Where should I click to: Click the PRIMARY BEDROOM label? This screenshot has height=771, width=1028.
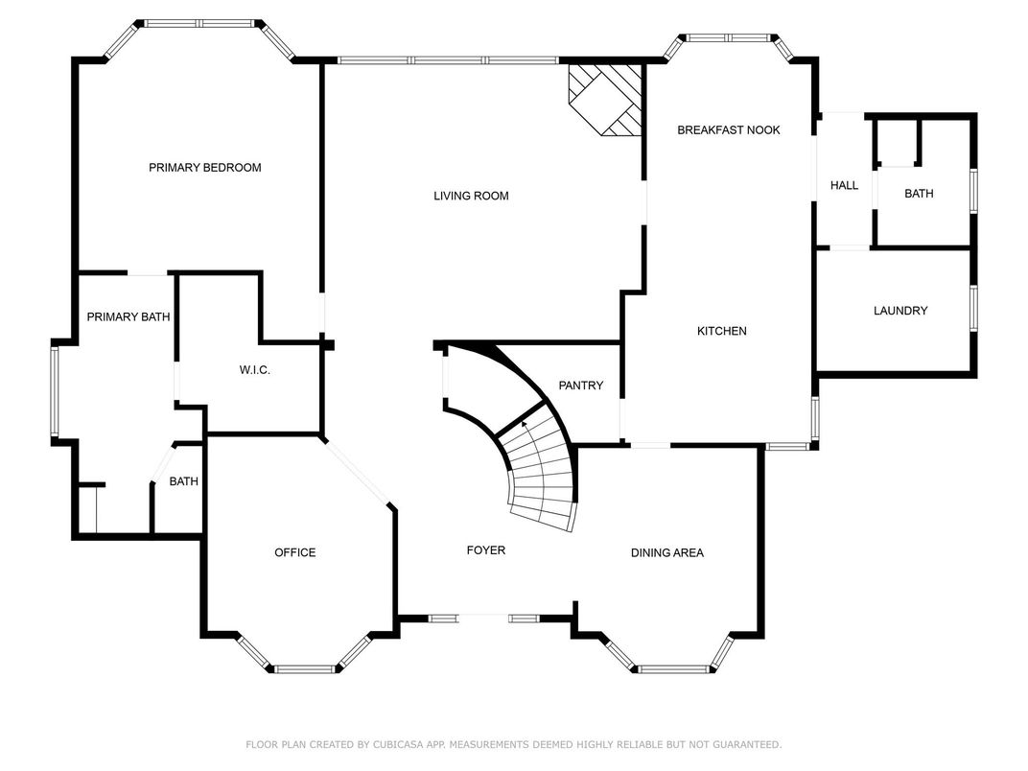[x=204, y=168]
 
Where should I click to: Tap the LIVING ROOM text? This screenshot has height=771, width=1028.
[x=471, y=196]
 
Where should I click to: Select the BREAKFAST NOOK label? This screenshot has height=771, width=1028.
[x=729, y=130]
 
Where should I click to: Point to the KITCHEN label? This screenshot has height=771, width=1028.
[x=721, y=331]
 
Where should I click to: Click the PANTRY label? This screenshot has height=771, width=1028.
[x=580, y=385]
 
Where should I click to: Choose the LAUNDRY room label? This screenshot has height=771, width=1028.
[x=900, y=311]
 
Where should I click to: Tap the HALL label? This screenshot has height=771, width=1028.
[x=844, y=185]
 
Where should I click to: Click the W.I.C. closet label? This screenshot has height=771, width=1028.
[x=254, y=370]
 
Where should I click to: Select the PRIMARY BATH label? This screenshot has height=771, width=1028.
[x=128, y=317]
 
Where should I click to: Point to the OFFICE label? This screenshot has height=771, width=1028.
[x=295, y=552]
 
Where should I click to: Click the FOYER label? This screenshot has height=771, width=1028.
[x=486, y=550]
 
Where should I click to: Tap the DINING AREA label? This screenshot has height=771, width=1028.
[x=666, y=553]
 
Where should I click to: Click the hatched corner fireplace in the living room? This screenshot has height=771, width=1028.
[x=604, y=100]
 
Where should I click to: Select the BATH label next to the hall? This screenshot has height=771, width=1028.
[x=919, y=194]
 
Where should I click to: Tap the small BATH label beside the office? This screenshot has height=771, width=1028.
[x=183, y=481]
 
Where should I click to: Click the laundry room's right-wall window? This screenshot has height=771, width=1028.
[x=973, y=308]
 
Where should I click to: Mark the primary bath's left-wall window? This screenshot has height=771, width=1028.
[x=55, y=391]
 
